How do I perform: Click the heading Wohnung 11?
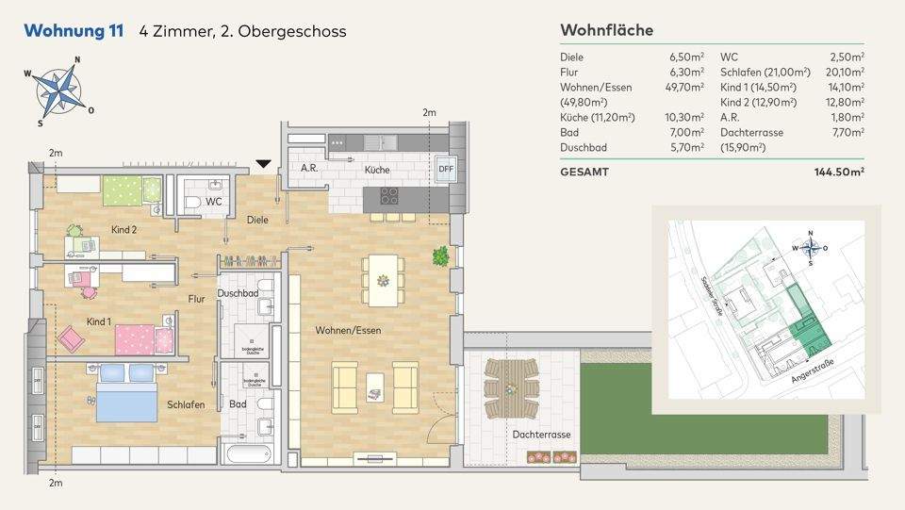[x=74, y=31]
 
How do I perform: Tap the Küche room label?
[x=377, y=171]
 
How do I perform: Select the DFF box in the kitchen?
[x=445, y=169]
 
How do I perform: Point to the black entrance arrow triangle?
[x=264, y=165]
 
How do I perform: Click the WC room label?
[x=214, y=201]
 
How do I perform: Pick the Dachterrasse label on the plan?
[x=542, y=435]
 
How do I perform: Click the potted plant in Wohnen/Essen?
[x=440, y=255]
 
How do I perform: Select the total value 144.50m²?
[x=839, y=173]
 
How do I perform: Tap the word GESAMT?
[x=584, y=173]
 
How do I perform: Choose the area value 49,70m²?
[x=686, y=87]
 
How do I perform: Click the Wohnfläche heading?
[x=606, y=31]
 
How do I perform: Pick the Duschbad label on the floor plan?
[x=238, y=293]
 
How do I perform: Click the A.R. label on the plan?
[x=308, y=168]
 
